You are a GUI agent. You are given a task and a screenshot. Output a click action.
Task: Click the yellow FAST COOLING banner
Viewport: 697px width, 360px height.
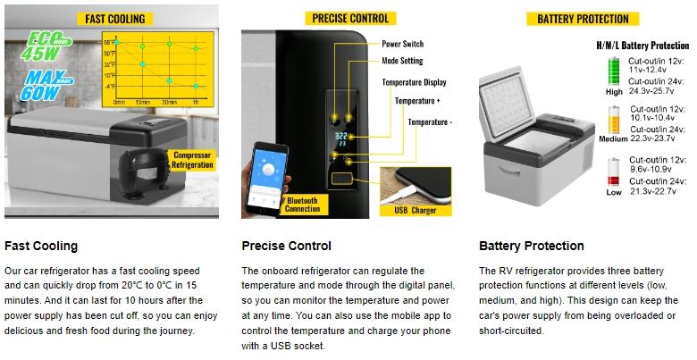pyautogui.click(x=114, y=19)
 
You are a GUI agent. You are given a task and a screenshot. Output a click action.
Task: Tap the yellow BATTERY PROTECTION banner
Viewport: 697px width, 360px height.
pyautogui.click(x=582, y=19)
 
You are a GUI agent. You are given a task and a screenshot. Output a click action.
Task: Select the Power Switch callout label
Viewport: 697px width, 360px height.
pyautogui.click(x=403, y=44)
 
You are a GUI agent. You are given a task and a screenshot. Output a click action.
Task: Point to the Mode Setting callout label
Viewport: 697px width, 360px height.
pyautogui.click(x=403, y=62)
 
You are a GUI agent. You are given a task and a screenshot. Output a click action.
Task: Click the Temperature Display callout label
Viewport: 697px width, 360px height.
pyautogui.click(x=414, y=82)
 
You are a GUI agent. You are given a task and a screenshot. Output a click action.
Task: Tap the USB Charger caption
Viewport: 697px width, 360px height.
pyautogui.click(x=412, y=211)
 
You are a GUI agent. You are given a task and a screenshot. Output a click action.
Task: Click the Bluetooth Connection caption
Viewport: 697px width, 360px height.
pyautogui.click(x=302, y=205)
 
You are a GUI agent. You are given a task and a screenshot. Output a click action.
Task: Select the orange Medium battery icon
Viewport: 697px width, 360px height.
pyautogui.click(x=614, y=120)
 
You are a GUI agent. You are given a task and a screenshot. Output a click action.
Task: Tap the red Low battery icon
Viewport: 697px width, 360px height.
pyautogui.click(x=614, y=170)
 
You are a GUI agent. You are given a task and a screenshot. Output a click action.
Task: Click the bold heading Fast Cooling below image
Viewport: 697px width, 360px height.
pyautogui.click(x=41, y=246)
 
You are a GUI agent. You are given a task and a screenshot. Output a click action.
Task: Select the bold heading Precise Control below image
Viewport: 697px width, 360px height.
pyautogui.click(x=286, y=246)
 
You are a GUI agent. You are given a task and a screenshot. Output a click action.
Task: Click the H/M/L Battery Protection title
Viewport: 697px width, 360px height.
pyautogui.click(x=642, y=45)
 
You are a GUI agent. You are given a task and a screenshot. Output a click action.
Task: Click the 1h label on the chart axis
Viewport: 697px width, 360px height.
pyautogui.click(x=195, y=102)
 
